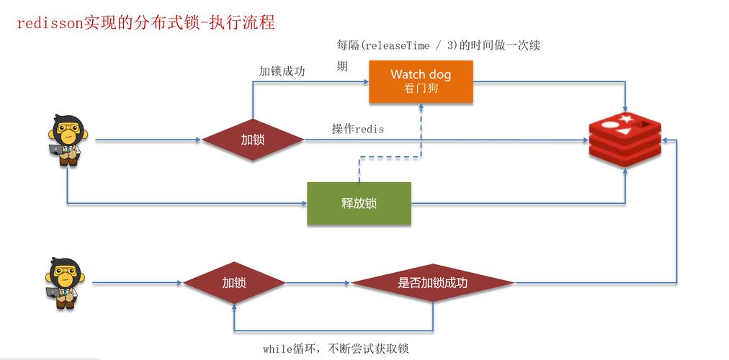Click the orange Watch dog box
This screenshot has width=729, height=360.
pos(421,81)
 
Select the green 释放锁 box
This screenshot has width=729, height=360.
pos(359,203)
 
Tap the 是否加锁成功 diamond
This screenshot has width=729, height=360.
pos(432,283)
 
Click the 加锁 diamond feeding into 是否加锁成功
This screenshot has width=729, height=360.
pos(233,283)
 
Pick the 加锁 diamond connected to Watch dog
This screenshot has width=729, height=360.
pos(252,140)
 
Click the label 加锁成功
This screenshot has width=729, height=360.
pos(282,71)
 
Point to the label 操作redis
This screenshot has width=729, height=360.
pos(357,129)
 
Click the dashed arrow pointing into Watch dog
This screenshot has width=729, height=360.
pos(421,130)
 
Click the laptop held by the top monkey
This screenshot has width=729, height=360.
pos(56,150)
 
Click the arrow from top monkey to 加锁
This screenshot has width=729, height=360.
pos(148,140)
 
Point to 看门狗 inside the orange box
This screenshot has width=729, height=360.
pos(421,89)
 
